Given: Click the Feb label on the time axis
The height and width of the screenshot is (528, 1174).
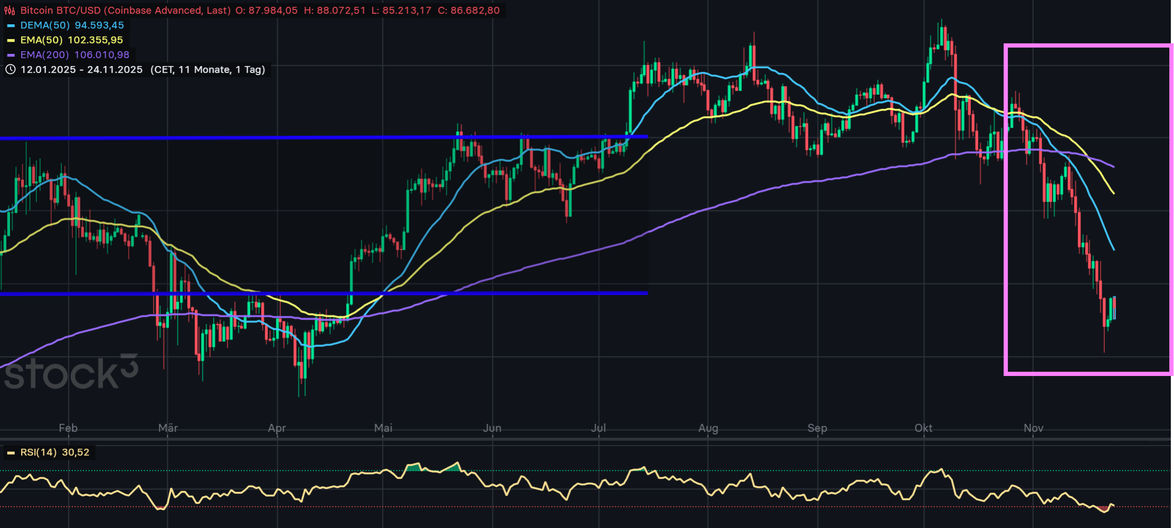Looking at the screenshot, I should click(68, 428).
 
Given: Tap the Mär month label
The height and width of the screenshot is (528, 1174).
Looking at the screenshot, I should click(168, 428).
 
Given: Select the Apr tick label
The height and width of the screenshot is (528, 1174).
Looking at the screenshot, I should click(276, 428).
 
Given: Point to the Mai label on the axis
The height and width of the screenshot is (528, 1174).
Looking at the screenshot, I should click(383, 428).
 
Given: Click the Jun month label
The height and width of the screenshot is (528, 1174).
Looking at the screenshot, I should click(492, 428).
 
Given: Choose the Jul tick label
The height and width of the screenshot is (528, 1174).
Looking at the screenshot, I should click(598, 428).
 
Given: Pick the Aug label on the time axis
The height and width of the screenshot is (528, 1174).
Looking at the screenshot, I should click(708, 428).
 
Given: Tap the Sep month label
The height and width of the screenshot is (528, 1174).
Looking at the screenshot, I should click(817, 428).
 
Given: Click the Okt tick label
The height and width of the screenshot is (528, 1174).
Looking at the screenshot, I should click(923, 428).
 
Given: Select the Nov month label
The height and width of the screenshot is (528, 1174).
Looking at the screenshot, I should click(1033, 428).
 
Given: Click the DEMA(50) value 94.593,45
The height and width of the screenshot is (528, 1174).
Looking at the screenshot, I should click(99, 25).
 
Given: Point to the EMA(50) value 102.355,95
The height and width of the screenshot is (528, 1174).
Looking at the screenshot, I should click(95, 40).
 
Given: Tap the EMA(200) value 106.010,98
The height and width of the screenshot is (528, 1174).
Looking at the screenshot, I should click(102, 55).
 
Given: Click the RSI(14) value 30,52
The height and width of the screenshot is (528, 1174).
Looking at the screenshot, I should click(75, 452).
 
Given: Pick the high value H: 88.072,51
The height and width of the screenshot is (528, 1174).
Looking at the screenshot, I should click(335, 11).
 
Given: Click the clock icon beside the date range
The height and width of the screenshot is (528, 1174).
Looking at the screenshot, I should click(11, 70).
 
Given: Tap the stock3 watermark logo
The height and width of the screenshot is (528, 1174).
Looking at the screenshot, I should click(71, 372).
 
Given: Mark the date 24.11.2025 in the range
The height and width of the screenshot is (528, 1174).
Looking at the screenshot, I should click(114, 70).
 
